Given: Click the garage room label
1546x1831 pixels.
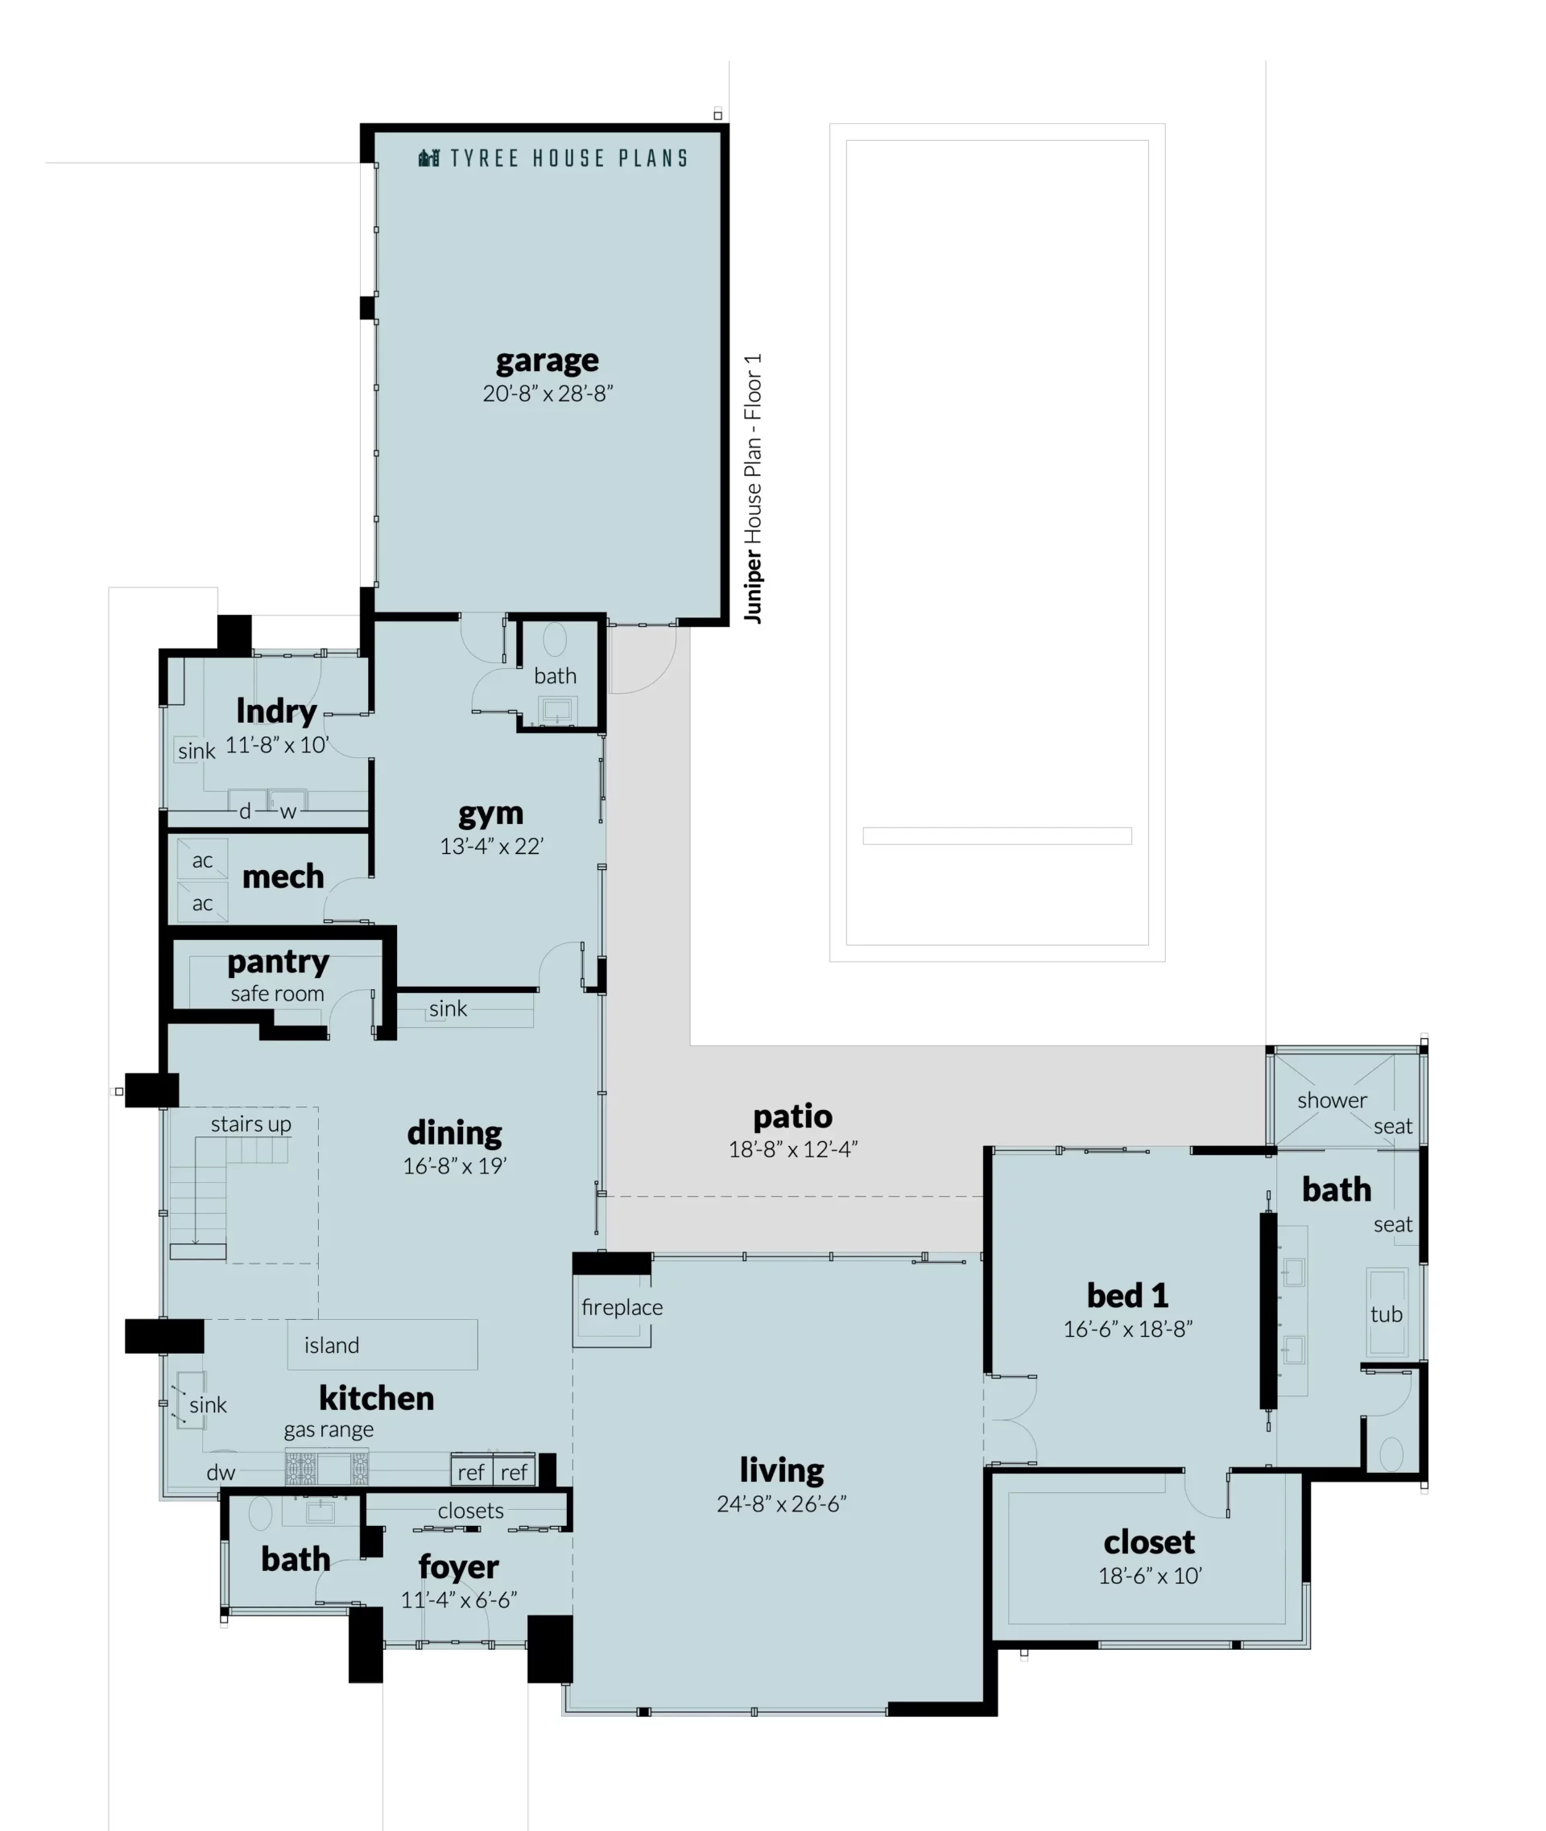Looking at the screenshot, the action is tap(547, 361).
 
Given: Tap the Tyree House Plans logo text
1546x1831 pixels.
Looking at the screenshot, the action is tap(568, 159).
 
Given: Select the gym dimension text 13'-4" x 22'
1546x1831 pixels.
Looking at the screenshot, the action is tap(492, 847).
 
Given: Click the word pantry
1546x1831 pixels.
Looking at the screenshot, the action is tap(278, 963).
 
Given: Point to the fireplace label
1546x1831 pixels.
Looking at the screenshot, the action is tap(622, 1307).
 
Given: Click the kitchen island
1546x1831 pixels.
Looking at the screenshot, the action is tap(382, 1345).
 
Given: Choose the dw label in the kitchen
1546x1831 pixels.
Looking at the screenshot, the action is tap(221, 1473).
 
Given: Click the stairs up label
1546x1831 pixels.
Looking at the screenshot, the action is tap(250, 1124).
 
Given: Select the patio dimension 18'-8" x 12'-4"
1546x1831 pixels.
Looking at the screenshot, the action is tap(792, 1149).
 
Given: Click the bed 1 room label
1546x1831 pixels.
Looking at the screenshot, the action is tap(1127, 1295).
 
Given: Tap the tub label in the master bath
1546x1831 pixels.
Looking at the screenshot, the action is tap(1386, 1314).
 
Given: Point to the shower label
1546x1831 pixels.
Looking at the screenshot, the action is tap(1331, 1100).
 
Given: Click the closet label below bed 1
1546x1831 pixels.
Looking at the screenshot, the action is tap(1149, 1542).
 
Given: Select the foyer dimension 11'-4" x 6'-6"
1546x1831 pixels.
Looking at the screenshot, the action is tap(458, 1600).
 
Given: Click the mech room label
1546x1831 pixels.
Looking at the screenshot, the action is tap(282, 876).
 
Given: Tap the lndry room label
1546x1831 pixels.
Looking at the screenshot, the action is tap(276, 711).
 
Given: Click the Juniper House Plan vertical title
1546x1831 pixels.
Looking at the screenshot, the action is tap(752, 489).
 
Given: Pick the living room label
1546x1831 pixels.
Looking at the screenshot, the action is tap(781, 1470).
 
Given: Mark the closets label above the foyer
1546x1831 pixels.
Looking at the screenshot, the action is tap(470, 1511).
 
